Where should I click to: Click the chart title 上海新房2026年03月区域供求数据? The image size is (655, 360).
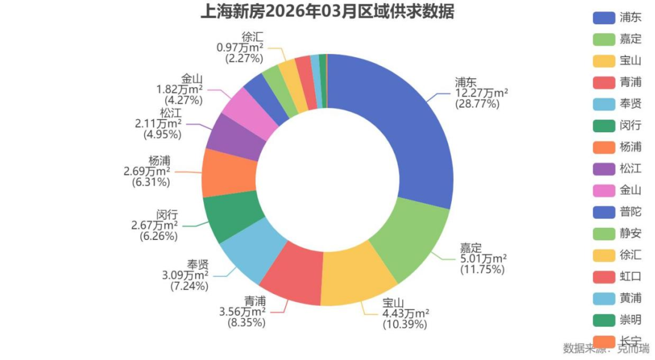[x=327, y=12]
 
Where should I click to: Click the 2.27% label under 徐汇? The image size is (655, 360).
[x=244, y=59]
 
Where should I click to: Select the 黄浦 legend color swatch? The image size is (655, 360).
[x=603, y=298]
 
